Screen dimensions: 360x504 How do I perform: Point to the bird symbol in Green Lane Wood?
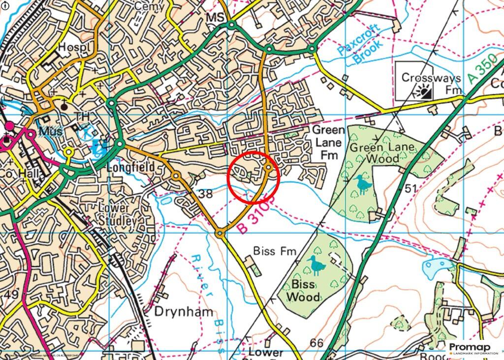coord(364,183)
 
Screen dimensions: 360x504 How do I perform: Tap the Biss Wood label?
coord(303,290)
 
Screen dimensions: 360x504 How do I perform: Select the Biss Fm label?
coord(275,251)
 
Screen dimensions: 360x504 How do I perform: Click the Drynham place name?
coord(185,312)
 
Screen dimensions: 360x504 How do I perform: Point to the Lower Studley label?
coord(117,214)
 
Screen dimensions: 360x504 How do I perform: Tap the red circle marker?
coord(254,178)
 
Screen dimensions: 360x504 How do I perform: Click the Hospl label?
coord(69,47)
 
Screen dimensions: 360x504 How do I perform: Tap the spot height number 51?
coord(411,189)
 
